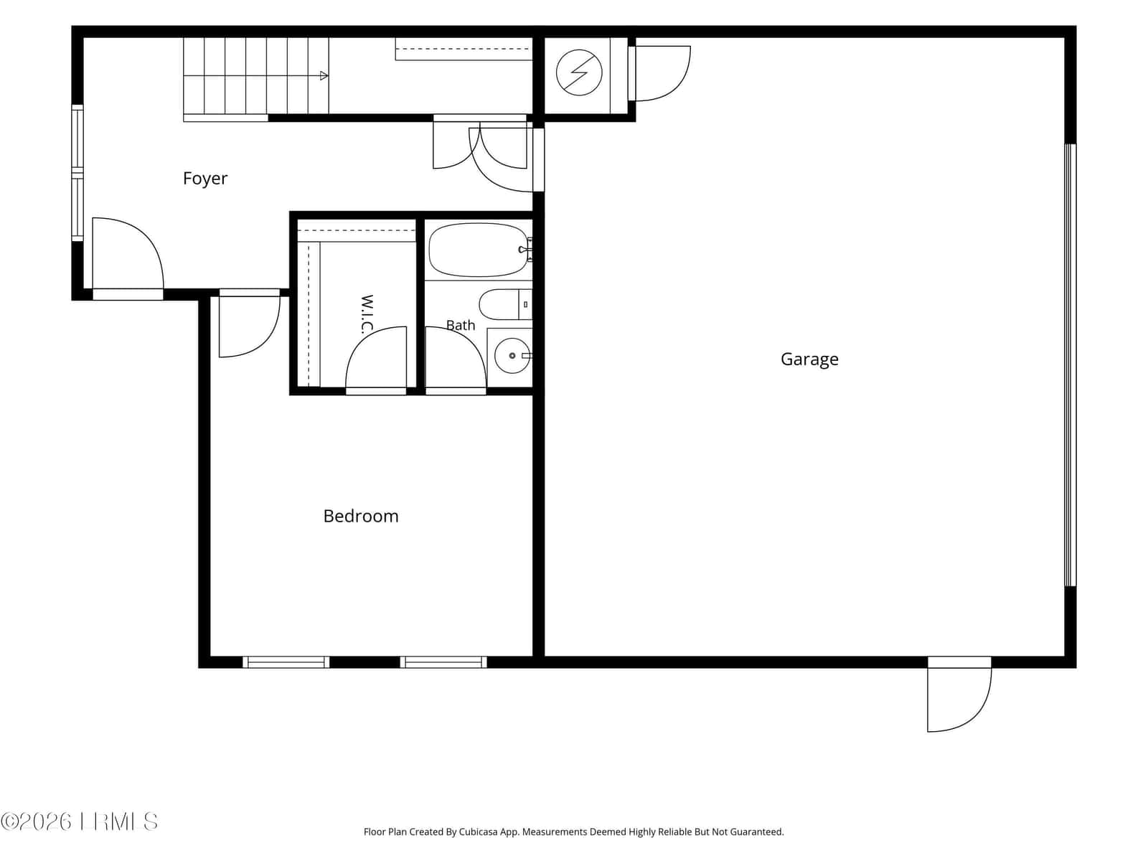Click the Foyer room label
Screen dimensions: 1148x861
pyautogui.click(x=204, y=179)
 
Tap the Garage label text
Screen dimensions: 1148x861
pyautogui.click(x=809, y=359)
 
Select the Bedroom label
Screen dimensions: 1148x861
pyautogui.click(x=361, y=517)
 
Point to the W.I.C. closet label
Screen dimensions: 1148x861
pyautogui.click(x=367, y=314)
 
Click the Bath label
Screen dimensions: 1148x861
pyautogui.click(x=460, y=325)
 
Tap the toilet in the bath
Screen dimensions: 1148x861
pyautogui.click(x=505, y=304)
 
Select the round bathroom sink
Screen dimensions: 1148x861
pyautogui.click(x=512, y=355)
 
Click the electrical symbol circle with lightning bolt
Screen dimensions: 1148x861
pyautogui.click(x=579, y=72)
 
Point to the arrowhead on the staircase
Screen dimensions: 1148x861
pyautogui.click(x=324, y=76)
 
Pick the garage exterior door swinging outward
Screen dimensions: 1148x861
pyautogui.click(x=959, y=694)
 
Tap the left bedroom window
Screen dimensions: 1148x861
pyautogui.click(x=286, y=662)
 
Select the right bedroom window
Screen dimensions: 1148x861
pyautogui.click(x=443, y=662)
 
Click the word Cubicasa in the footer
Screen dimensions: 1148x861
pyautogui.click(x=478, y=832)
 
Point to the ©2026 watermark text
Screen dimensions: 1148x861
pyautogui.click(x=36, y=822)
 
